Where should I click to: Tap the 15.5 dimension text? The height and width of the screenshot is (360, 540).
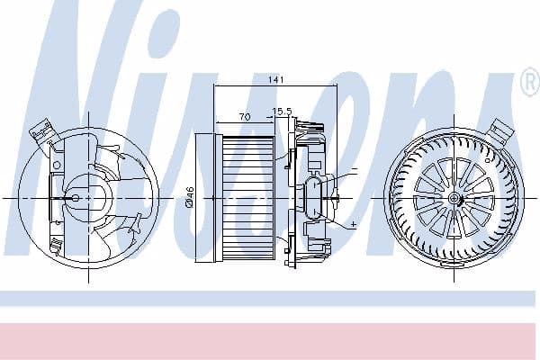[x=283, y=112]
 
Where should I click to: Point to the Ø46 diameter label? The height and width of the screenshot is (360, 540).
[x=190, y=196]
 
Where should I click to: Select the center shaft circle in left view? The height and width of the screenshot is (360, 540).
[x=75, y=196]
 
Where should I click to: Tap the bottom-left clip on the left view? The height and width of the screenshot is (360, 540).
[x=56, y=245]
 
